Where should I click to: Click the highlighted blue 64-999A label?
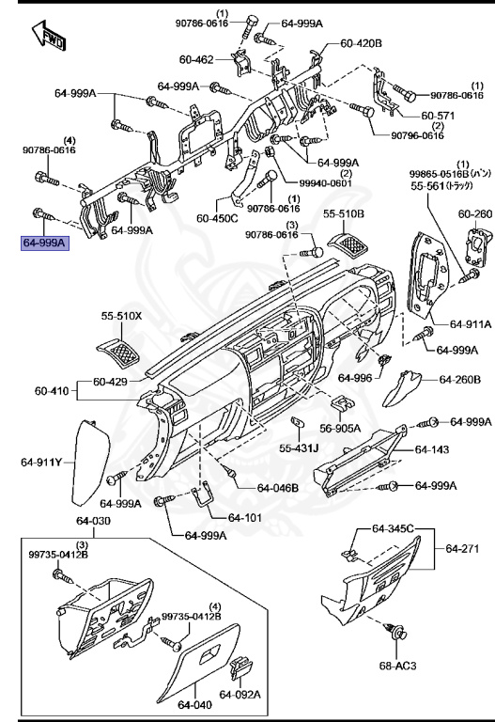pos(46,243)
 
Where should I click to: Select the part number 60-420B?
pos(361,43)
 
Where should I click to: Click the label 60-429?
pos(112,383)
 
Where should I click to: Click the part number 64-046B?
pos(278,488)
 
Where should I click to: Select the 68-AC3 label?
pos(397,666)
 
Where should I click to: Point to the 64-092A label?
pos(239,695)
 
